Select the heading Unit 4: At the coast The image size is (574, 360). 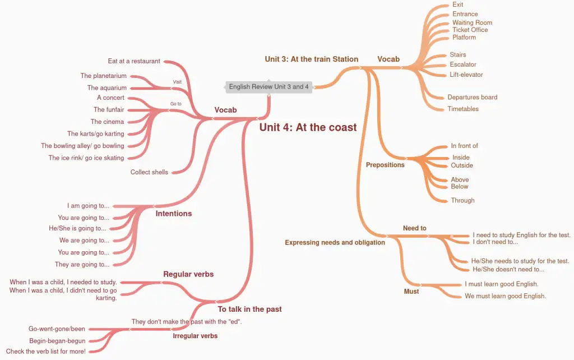(x=308, y=127)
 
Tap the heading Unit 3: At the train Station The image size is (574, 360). (x=311, y=59)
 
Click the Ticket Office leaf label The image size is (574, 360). (x=470, y=30)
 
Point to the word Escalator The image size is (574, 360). (x=463, y=64)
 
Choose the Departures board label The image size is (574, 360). (x=472, y=97)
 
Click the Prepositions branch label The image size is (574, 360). (x=385, y=165)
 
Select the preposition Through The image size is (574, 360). (x=462, y=200)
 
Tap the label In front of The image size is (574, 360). (x=464, y=146)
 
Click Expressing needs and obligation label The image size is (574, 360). (x=335, y=243)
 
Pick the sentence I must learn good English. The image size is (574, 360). (x=501, y=284)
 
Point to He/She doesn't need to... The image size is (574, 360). (x=508, y=269)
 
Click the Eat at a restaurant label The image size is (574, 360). (x=134, y=61)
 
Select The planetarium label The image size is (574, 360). (x=103, y=76)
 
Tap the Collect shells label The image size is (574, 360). (x=149, y=172)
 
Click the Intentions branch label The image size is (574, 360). (x=174, y=214)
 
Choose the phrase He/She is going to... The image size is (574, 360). (x=77, y=228)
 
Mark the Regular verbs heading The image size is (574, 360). (x=188, y=274)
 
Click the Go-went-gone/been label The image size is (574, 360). (x=57, y=329)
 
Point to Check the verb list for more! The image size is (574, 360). (x=46, y=352)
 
